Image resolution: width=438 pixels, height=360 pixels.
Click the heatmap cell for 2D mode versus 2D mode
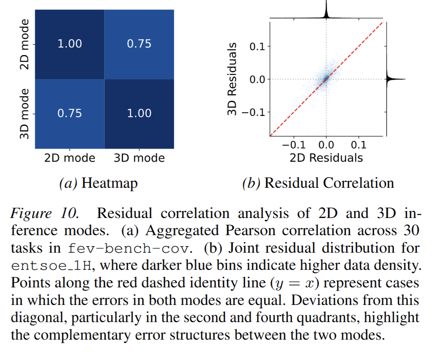click(x=70, y=44)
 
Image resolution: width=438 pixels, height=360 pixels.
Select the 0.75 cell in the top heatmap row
click(x=139, y=44)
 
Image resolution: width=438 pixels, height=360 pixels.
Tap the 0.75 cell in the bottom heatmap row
click(x=70, y=113)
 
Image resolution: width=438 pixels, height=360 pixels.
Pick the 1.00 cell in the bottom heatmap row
click(x=139, y=113)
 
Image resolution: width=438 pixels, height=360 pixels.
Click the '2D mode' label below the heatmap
click(x=70, y=158)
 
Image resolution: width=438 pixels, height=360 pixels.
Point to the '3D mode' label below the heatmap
click(x=139, y=158)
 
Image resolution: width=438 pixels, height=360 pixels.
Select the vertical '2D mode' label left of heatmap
click(x=25, y=44)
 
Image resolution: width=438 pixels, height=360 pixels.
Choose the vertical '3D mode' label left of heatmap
click(x=25, y=113)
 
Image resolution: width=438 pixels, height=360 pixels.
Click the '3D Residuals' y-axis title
click(x=234, y=78)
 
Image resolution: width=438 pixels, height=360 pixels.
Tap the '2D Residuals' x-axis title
click(x=326, y=158)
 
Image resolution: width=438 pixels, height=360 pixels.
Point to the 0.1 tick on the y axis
click(x=257, y=46)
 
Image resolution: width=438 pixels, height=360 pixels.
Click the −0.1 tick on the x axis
click(x=294, y=145)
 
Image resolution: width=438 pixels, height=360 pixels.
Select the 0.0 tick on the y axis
click(x=257, y=79)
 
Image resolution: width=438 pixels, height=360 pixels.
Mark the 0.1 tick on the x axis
click(x=358, y=145)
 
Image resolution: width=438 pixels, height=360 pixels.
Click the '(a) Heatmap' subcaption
click(x=98, y=183)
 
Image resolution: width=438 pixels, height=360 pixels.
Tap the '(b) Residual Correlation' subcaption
click(x=318, y=183)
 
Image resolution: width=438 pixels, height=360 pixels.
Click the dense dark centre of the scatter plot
click(x=326, y=79)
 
